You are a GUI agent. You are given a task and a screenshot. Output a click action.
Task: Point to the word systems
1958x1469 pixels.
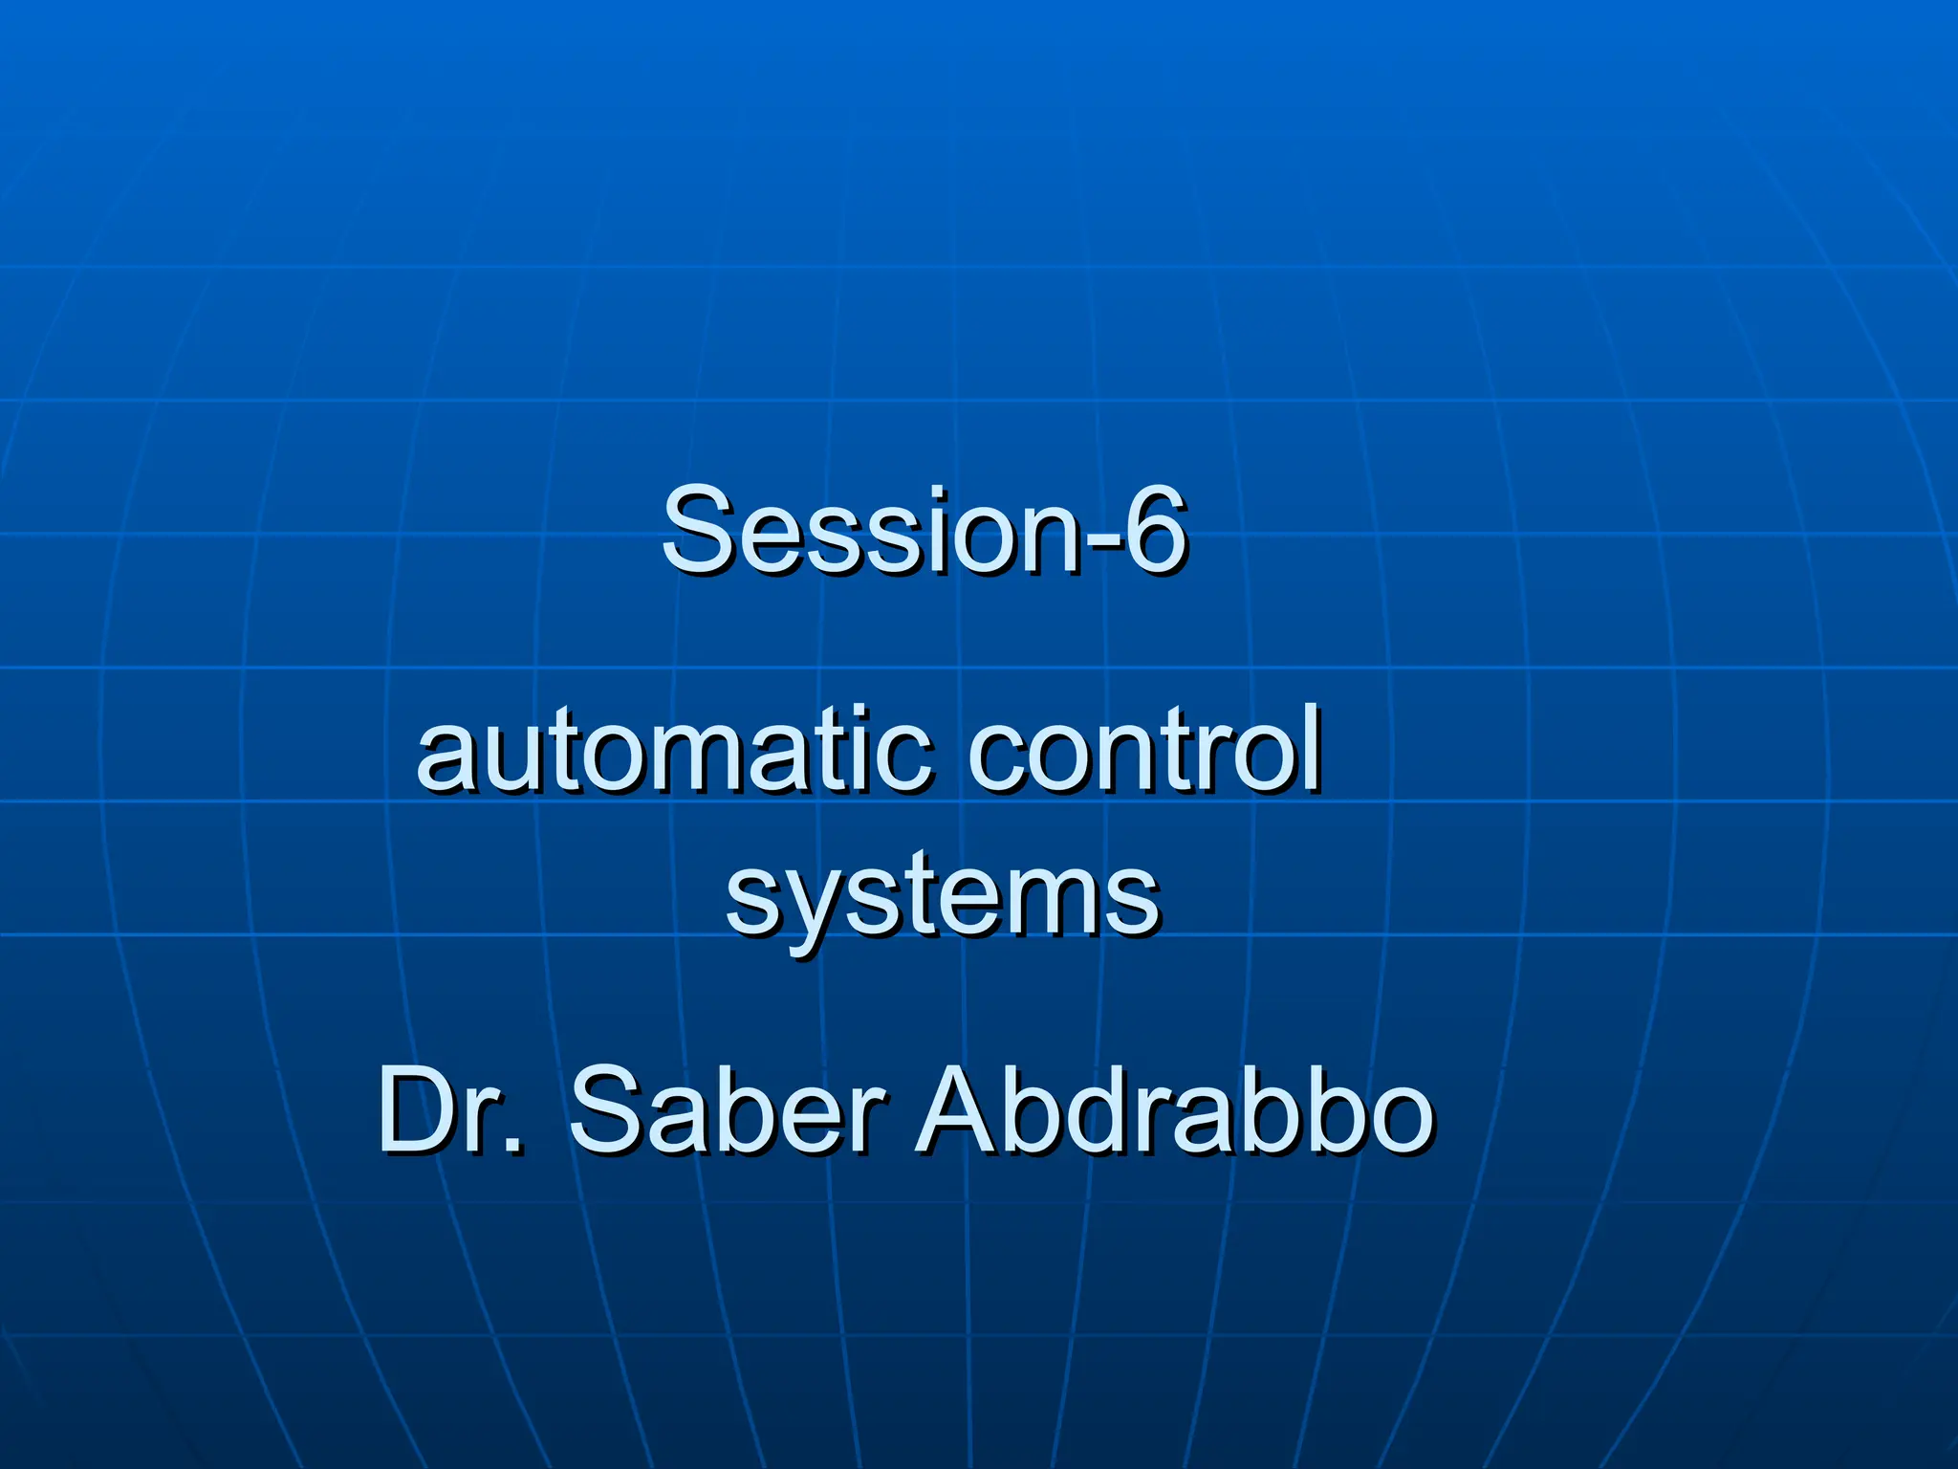(x=942, y=895)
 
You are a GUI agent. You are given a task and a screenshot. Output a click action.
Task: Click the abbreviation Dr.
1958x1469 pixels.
(x=449, y=1111)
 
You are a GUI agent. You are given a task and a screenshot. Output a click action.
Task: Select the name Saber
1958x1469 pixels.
(x=727, y=1111)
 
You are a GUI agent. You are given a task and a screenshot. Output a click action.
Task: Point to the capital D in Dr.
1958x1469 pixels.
(x=421, y=1111)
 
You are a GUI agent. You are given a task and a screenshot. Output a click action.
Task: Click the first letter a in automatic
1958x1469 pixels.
(x=446, y=761)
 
